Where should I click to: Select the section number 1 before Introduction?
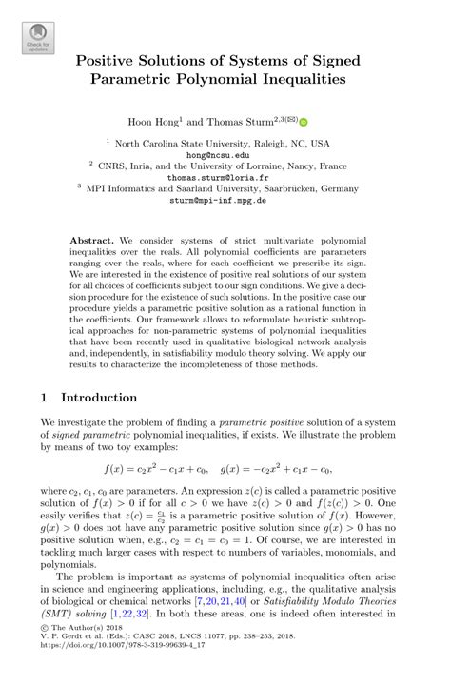[44, 397]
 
